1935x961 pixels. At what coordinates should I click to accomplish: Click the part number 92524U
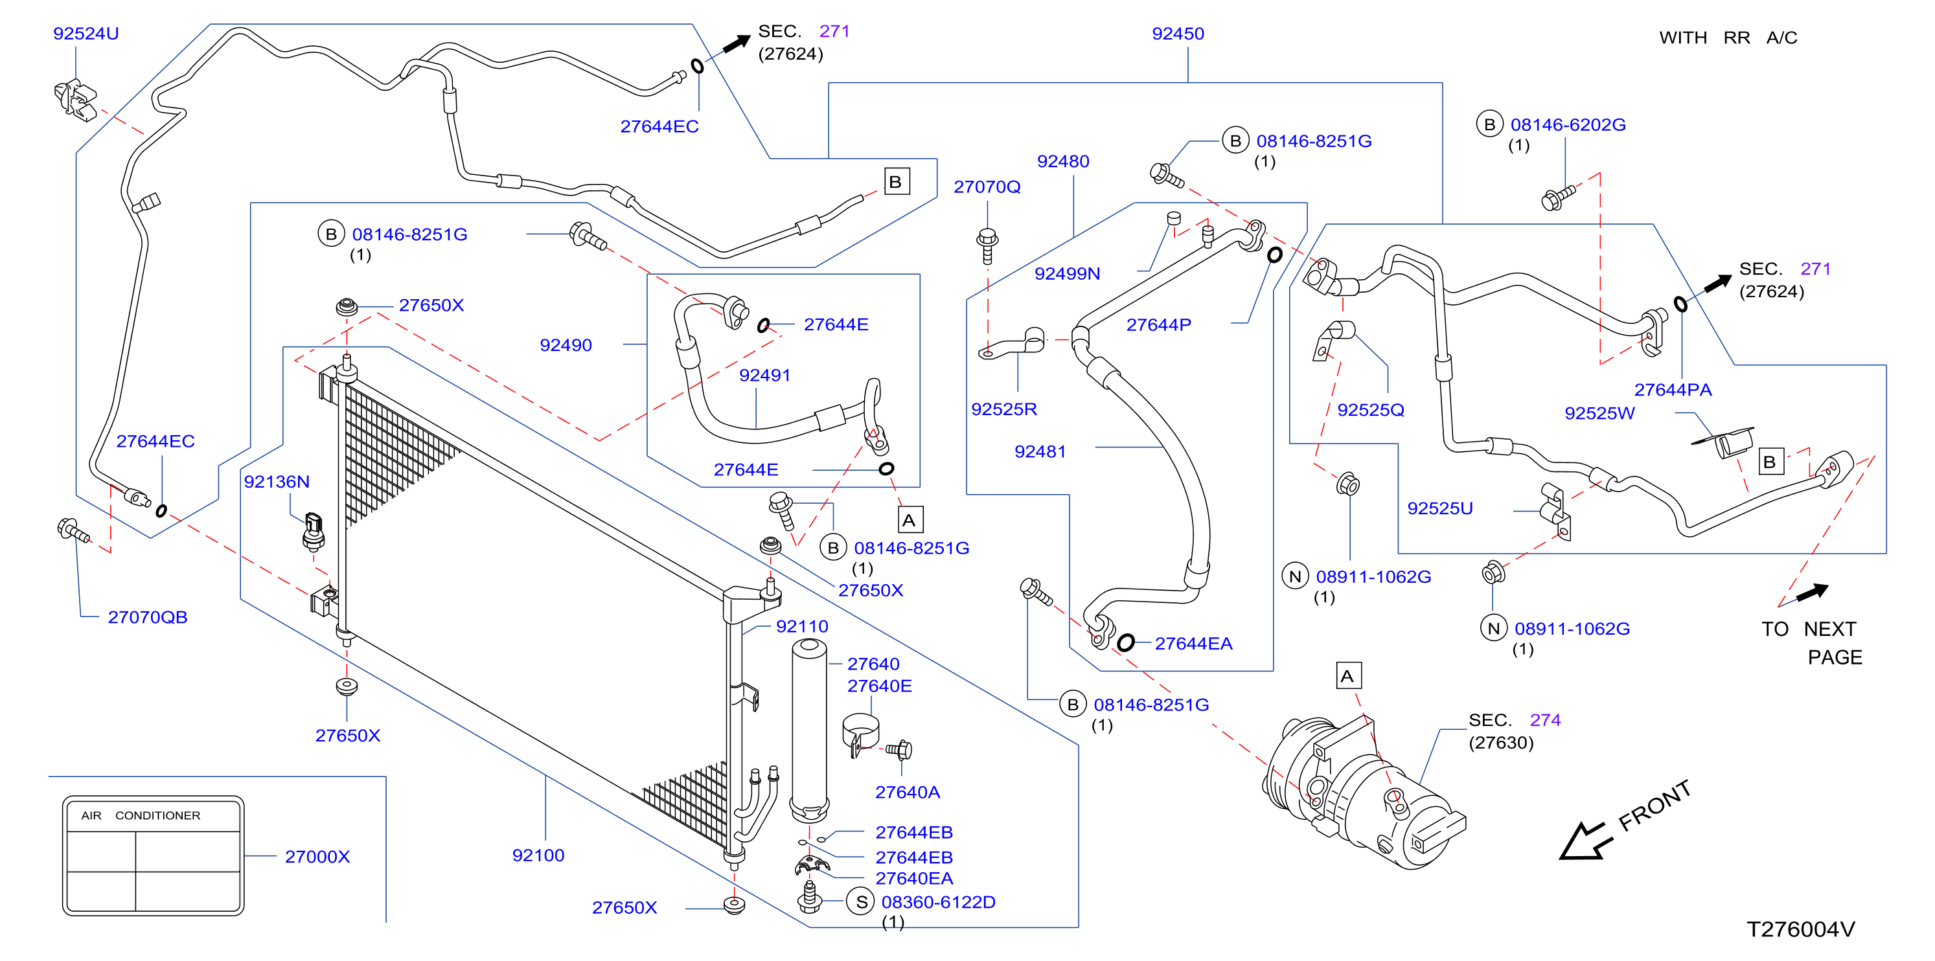[86, 34]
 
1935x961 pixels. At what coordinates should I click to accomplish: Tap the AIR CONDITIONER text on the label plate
[141, 815]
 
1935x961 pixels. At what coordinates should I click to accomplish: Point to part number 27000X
[317, 857]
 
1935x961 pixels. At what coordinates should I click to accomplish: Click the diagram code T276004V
[1800, 929]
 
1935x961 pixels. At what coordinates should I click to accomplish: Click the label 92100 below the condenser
[538, 855]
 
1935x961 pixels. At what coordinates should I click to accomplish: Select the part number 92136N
[277, 482]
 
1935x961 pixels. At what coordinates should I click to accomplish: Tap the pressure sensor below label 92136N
[314, 532]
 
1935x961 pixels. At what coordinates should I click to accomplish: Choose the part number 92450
[1178, 34]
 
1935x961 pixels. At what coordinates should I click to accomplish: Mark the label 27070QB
[147, 617]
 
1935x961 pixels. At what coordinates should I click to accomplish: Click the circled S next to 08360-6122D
[861, 901]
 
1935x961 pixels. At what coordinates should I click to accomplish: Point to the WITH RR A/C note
[1728, 38]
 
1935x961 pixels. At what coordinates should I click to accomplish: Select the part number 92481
[1040, 452]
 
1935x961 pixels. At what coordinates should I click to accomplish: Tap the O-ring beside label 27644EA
[1125, 642]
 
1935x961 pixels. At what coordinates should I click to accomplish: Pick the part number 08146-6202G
[1568, 124]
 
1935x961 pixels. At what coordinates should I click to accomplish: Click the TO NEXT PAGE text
[1812, 642]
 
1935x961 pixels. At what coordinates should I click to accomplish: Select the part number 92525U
[1439, 508]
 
